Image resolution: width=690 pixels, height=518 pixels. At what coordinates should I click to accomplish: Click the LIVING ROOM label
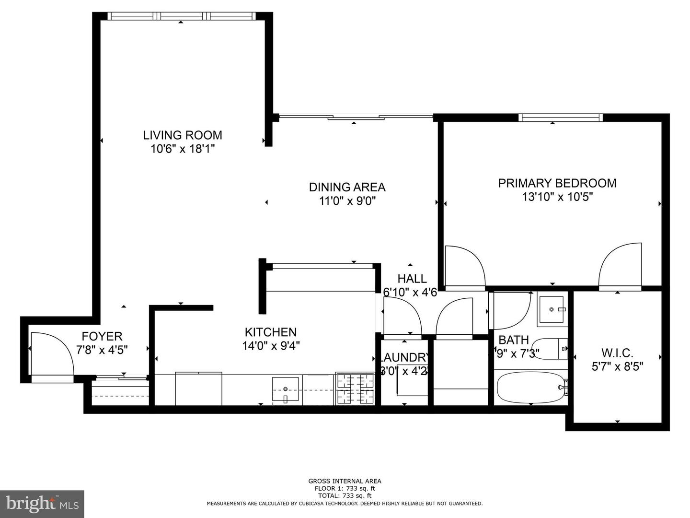(x=183, y=135)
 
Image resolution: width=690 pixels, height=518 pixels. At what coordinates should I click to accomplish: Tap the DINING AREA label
(x=347, y=187)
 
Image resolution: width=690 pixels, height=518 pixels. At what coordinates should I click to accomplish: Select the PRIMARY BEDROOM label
(x=557, y=183)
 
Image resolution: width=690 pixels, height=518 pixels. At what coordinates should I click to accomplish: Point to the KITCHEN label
(x=271, y=332)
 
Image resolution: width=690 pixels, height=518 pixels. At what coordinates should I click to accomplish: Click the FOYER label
(x=102, y=336)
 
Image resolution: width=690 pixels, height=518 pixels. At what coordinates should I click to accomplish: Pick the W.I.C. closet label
(x=617, y=353)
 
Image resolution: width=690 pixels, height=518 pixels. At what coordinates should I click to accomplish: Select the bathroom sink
(x=552, y=309)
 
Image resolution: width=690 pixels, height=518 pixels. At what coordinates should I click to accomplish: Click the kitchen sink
(x=285, y=389)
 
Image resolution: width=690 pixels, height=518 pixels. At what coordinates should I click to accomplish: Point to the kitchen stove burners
(x=355, y=388)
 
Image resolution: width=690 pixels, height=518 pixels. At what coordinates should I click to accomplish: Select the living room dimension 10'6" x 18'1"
(x=183, y=149)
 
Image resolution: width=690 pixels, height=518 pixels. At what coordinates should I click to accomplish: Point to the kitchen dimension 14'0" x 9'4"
(x=271, y=346)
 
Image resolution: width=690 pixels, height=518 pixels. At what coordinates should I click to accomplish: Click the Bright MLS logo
(x=42, y=504)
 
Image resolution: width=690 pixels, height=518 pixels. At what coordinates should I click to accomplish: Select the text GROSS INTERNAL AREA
(x=345, y=481)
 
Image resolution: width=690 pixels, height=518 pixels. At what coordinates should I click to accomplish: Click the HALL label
(x=412, y=279)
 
